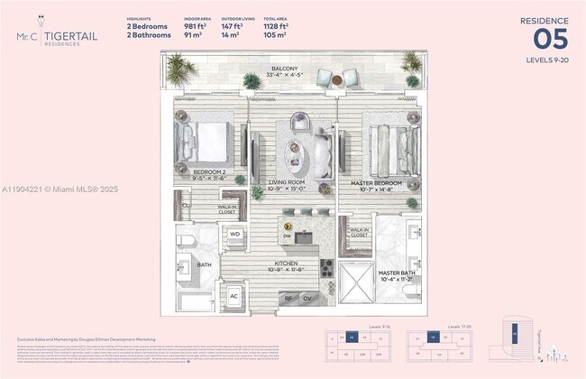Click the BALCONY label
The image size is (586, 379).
tap(288, 69)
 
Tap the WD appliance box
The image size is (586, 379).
tap(234, 235)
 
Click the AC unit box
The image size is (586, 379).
tap(233, 296)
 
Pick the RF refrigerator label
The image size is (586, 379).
tap(288, 298)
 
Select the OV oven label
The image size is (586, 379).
tap(307, 298)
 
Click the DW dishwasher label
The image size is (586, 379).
tap(287, 237)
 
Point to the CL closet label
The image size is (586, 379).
tap(186, 206)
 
